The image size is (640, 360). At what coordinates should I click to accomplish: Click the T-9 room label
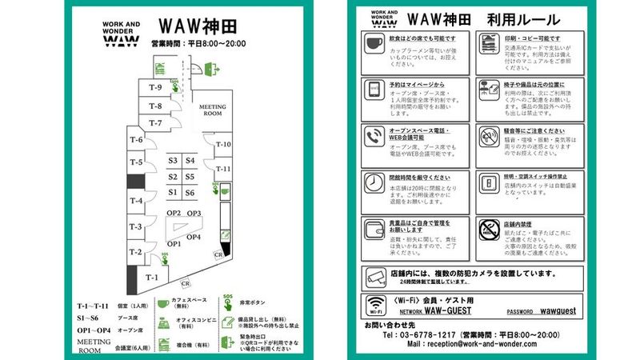click(x=157, y=88)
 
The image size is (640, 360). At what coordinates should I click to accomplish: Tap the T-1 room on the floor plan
click(x=152, y=277)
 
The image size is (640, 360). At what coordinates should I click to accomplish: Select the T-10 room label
click(x=222, y=145)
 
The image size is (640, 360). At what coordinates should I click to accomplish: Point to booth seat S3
click(x=172, y=161)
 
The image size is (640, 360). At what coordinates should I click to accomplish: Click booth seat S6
click(x=190, y=192)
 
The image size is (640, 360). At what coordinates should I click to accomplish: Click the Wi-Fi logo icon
click(x=374, y=305)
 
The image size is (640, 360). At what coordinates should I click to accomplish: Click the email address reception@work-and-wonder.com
click(x=472, y=344)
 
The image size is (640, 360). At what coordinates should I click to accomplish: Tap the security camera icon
click(x=374, y=277)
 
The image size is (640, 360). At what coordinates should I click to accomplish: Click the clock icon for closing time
click(x=374, y=182)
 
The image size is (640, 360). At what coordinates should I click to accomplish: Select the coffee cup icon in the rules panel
click(x=374, y=44)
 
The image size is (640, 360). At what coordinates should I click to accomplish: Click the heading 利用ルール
click(x=519, y=18)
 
